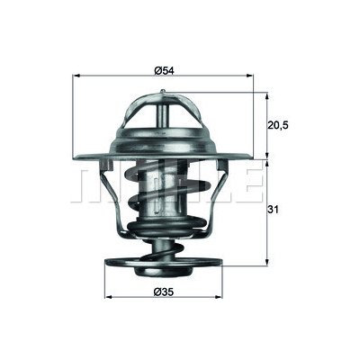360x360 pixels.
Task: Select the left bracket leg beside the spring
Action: click(114, 193)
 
